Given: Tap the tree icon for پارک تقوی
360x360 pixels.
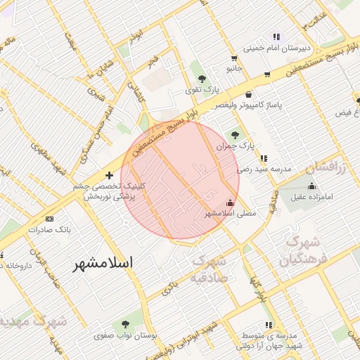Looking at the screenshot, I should pyautogui.click(x=202, y=79).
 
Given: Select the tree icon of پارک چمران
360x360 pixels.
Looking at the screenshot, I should pyautogui.click(x=235, y=134).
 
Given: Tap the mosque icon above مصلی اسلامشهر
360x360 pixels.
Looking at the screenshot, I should pyautogui.click(x=230, y=202).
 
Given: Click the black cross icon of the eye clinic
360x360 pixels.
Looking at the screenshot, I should pyautogui.click(x=109, y=175).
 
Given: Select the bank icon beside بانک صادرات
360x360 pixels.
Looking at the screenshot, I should pyautogui.click(x=30, y=219).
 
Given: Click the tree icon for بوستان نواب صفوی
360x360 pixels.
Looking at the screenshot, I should pyautogui.click(x=125, y=324).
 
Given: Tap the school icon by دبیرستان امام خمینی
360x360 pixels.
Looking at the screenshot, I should pyautogui.click(x=277, y=37).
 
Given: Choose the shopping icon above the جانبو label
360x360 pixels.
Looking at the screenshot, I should pyautogui.click(x=234, y=58).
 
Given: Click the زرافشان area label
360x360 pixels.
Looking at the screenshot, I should pyautogui.click(x=327, y=168).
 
